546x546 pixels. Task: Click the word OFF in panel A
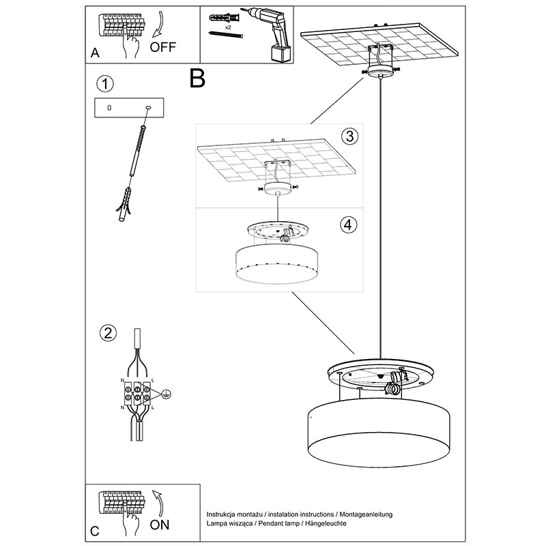163,47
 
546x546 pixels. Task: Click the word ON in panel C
159,525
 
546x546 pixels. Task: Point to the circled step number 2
106,333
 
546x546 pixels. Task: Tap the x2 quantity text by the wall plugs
228,27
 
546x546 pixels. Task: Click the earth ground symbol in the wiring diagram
165,393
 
